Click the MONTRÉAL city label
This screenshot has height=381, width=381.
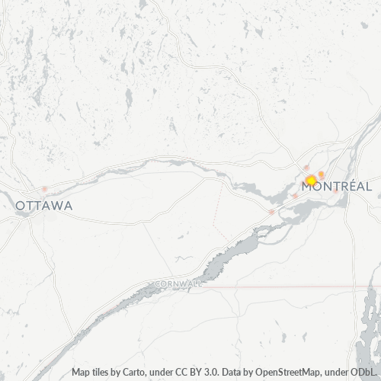341,187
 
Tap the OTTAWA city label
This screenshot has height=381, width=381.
44,206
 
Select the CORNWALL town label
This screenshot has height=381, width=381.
179,283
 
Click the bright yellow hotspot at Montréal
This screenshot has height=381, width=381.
311,181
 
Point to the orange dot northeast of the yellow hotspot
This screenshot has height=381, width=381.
322,174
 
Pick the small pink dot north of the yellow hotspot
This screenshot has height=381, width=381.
307,168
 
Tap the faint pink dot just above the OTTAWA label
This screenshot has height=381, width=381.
45,189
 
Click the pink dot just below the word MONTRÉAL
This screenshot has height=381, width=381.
335,192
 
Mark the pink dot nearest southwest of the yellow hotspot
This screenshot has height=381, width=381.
294,196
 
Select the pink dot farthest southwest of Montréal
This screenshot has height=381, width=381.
271,212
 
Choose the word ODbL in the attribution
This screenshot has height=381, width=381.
365,373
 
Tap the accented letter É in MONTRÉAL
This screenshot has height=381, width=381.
349,186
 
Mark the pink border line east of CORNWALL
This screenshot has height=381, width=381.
305,288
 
